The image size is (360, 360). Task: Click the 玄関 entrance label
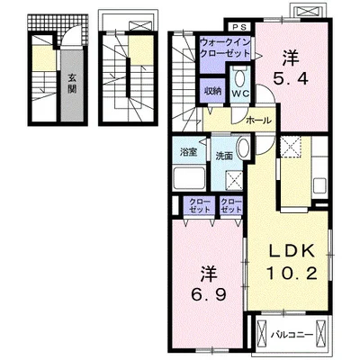pos(72,84)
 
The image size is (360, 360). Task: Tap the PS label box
pos(240,27)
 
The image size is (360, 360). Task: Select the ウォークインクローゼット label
pos(225,48)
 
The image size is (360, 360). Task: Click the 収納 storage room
pos(213,91)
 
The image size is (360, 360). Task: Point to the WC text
pos(240,94)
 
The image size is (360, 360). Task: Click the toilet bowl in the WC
pos(240,79)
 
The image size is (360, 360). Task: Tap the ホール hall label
pos(258,121)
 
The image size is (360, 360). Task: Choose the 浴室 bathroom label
pos(189,152)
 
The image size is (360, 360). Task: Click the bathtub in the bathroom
pos(189,178)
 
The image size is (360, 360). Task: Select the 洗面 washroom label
pos(225,157)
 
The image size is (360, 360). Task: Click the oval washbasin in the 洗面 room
pos(242,148)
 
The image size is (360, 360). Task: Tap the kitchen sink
pos(319,185)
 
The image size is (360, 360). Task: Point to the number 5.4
pos(290,79)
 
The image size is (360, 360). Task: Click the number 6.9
pos(209,295)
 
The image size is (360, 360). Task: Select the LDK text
pos(292,251)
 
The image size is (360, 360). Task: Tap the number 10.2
pos(292,274)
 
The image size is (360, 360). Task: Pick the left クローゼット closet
pos(200,205)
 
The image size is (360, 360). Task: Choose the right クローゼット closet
pos(231,205)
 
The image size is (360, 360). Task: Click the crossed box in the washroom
pos(234,180)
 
